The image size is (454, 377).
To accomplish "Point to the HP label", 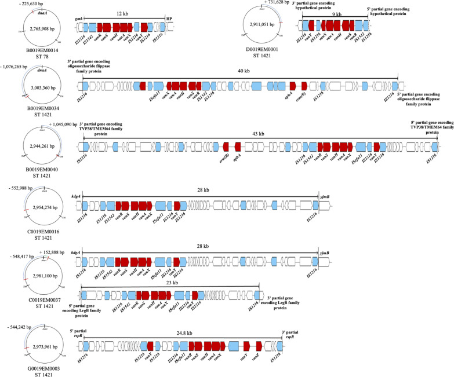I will [169, 19].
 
